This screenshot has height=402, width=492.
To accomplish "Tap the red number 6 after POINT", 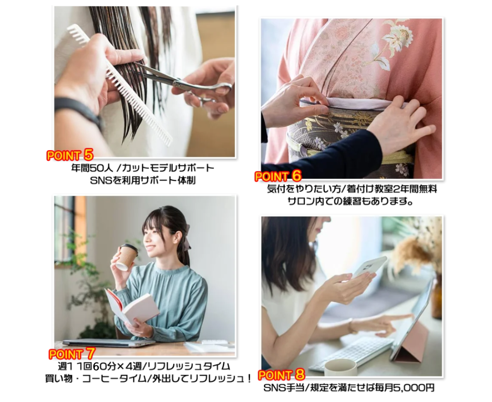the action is pos(296,176).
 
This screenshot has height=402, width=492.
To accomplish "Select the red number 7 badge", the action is pos(90,353).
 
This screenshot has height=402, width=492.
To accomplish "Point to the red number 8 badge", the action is pos(300,374).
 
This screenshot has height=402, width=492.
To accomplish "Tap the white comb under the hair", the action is pos(119,84).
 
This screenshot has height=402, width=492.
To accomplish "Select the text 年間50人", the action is pos(92,168).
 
